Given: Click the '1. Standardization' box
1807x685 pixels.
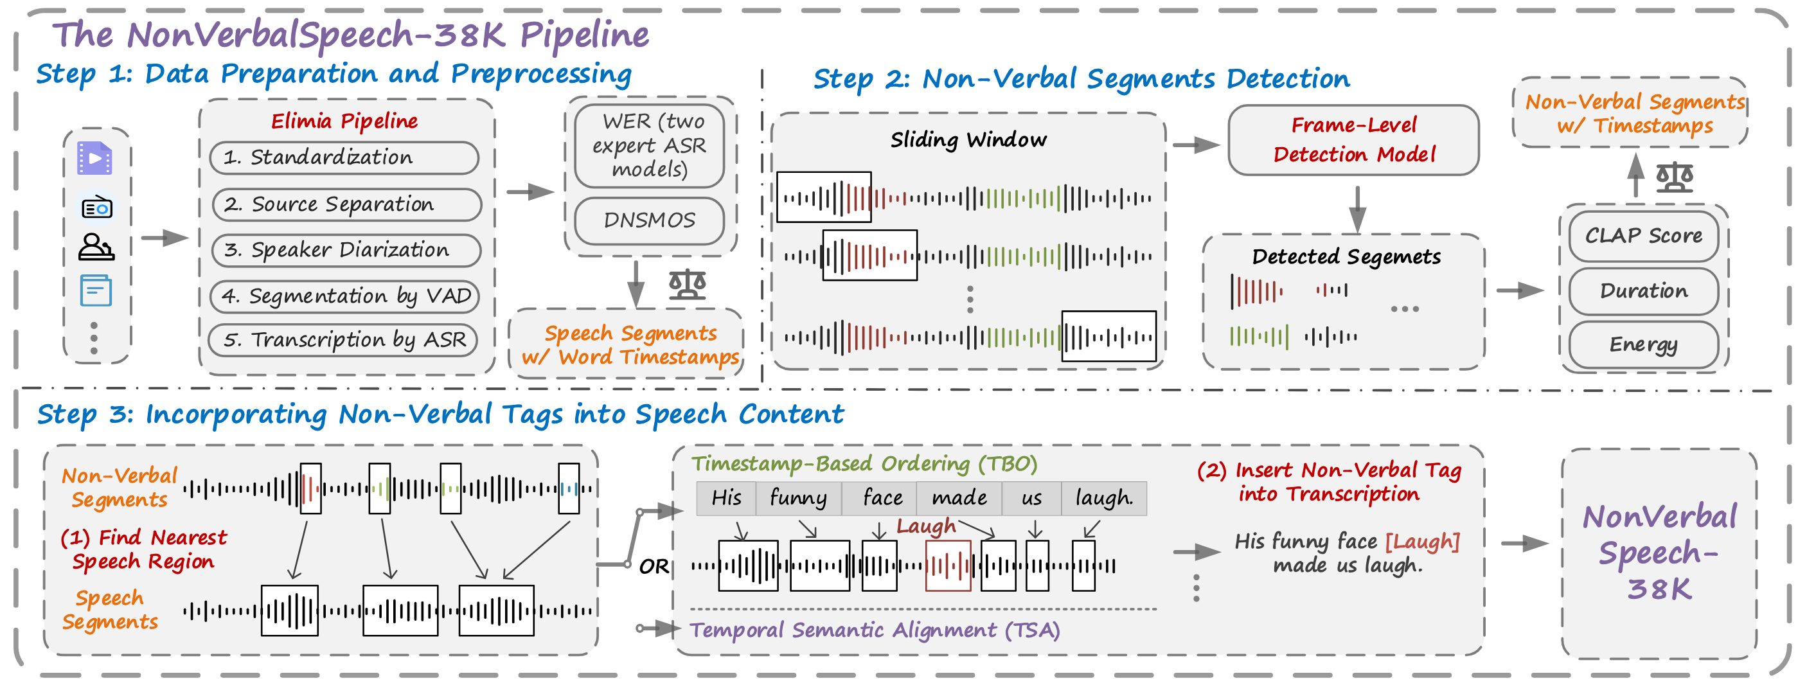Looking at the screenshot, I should click(344, 157).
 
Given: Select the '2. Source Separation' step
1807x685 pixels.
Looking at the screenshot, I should click(346, 204).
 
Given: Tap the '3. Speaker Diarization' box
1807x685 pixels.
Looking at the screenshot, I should click(346, 251).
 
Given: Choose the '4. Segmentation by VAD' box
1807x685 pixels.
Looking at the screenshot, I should click(345, 296).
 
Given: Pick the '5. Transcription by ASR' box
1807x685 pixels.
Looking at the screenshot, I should click(344, 340).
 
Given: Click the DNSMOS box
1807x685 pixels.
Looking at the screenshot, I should click(649, 220).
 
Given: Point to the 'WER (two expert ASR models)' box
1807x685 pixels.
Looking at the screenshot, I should click(649, 145).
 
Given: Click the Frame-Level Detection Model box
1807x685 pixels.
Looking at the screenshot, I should click(1353, 140).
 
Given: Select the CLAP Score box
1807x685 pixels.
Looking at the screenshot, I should click(1643, 236).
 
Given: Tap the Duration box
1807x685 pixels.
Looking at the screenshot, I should click(1643, 291).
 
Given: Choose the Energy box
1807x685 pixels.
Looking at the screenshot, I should click(1643, 344).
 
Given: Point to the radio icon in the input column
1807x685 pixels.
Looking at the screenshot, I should click(97, 208).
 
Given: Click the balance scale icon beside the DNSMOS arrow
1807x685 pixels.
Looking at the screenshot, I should click(687, 284).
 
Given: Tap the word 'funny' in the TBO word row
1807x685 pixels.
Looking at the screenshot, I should click(798, 498).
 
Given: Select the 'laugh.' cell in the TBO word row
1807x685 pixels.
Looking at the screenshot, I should click(1103, 498).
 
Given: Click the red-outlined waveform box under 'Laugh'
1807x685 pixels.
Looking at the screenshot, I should click(948, 565).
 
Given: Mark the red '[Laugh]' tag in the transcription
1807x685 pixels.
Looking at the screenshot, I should click(1422, 541).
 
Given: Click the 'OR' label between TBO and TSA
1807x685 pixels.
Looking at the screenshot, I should click(654, 566).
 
